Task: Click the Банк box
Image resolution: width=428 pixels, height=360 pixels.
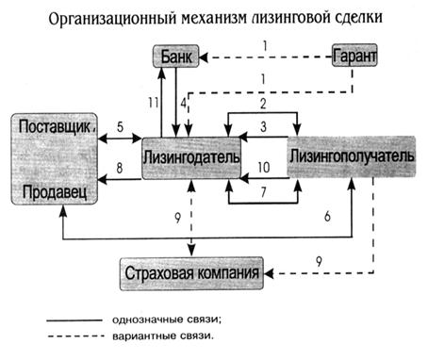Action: coord(176,57)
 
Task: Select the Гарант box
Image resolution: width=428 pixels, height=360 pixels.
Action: coord(354,56)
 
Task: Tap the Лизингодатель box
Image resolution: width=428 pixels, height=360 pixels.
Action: coord(191,158)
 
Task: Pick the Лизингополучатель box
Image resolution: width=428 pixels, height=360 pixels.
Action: coord(352,156)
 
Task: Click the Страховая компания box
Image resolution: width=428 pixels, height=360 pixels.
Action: coord(191,273)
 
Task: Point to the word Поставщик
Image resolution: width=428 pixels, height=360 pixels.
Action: coord(55,127)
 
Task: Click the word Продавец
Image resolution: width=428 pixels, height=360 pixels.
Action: coord(55,191)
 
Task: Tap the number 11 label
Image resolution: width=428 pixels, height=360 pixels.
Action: coord(154,103)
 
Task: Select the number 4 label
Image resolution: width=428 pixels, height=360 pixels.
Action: coord(184,103)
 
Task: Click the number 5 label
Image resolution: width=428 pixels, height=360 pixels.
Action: coord(121,127)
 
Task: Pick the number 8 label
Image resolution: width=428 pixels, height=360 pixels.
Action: coord(120,168)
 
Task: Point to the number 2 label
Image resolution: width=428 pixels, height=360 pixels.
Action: coord(263,104)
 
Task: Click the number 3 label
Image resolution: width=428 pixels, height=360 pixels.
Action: coord(263,126)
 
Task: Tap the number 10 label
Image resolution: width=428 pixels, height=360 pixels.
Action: coord(264,168)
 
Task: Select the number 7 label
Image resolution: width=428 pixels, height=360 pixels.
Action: coord(263,192)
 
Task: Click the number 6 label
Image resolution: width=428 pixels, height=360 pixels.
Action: coord(327,217)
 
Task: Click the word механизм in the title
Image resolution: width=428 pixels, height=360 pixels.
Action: coord(213,18)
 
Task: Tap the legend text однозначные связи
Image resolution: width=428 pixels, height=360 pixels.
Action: coord(166,320)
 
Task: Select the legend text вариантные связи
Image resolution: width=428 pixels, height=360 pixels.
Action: coord(163,336)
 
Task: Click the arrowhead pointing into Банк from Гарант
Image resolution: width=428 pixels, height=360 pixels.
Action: coord(204,57)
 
